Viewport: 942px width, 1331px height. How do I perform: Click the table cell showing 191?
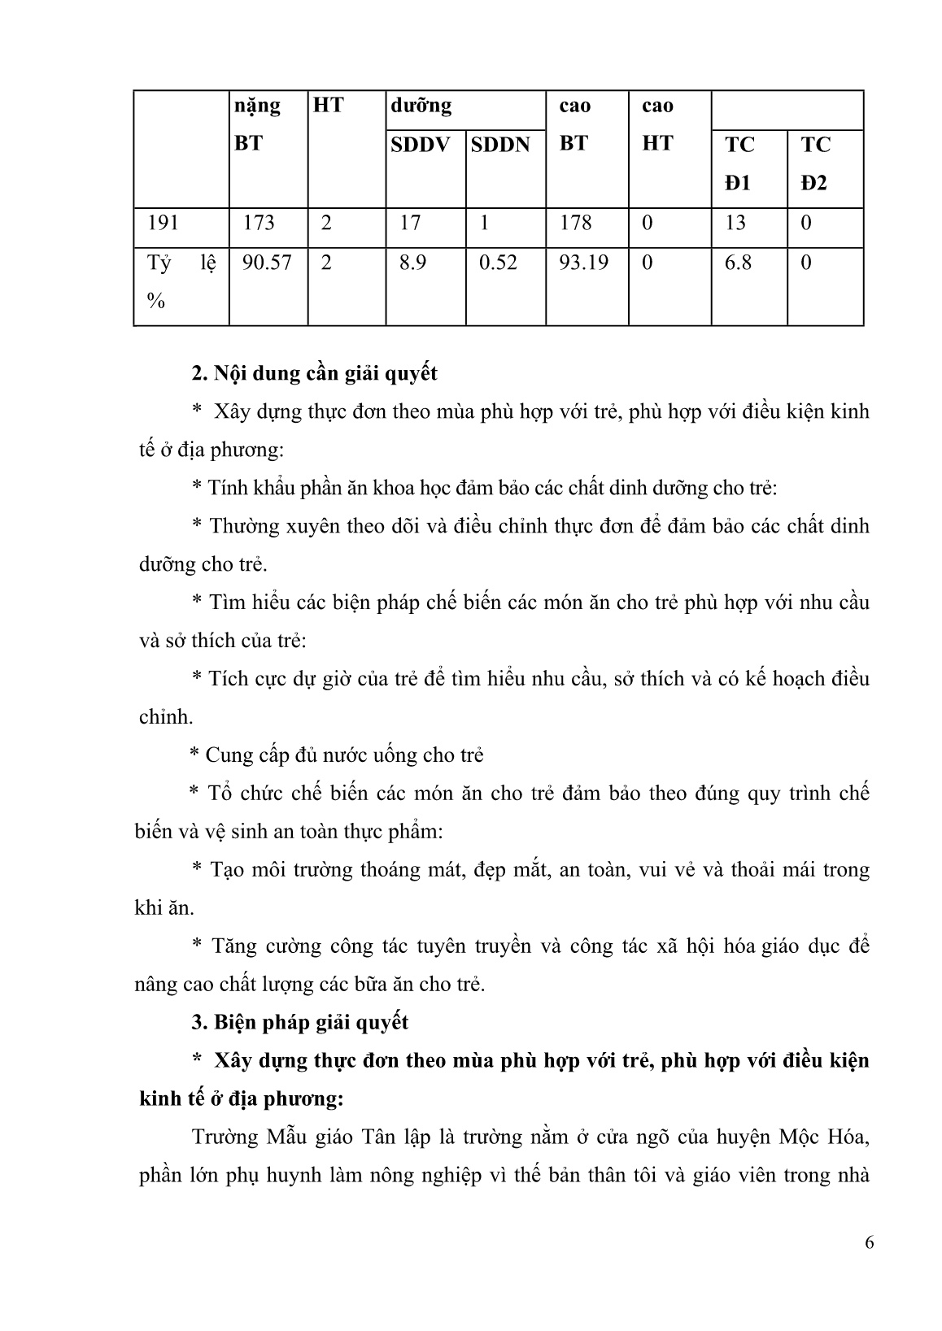point(164,224)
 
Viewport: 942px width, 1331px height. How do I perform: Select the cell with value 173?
point(259,224)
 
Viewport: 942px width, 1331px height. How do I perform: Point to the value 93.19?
point(584,263)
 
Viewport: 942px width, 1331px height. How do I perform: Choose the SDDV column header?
point(420,145)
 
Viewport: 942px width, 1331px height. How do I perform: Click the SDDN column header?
point(500,145)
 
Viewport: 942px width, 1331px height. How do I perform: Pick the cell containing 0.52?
point(498,263)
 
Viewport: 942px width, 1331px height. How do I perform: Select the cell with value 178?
point(576,224)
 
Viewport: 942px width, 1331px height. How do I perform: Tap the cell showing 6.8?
point(738,263)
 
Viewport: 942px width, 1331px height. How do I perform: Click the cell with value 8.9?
point(412,263)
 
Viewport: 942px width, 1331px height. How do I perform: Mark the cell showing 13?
point(735,224)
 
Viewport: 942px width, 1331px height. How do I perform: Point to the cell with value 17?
point(410,224)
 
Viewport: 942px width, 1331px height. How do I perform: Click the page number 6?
point(870,1244)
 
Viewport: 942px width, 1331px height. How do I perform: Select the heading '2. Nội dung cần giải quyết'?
point(314,373)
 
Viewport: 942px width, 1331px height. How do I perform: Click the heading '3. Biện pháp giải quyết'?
point(299,1022)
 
